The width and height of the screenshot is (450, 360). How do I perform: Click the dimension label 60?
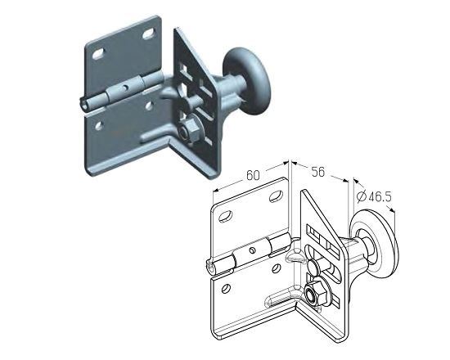coord(253,175)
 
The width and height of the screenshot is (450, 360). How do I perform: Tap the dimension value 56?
coord(318,172)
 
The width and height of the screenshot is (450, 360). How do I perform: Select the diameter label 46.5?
coord(380,196)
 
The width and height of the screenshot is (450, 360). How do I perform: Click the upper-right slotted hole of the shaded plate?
coord(148,34)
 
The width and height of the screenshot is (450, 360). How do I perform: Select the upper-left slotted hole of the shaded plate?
coord(98,54)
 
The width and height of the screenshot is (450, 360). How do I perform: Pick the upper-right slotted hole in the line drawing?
coord(276,196)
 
